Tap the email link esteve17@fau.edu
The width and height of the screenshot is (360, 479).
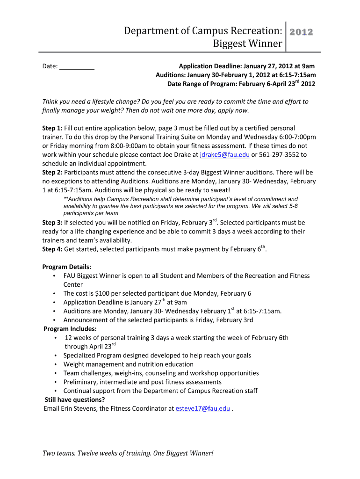202,408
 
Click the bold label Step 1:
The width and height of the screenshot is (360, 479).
52,128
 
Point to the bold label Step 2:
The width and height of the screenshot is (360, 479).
52,172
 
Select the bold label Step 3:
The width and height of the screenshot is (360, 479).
52,223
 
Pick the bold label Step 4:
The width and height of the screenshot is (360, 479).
52,249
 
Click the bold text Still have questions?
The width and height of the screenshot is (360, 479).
74,399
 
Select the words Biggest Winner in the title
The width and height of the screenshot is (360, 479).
247,44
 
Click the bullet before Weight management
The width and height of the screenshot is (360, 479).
56,364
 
